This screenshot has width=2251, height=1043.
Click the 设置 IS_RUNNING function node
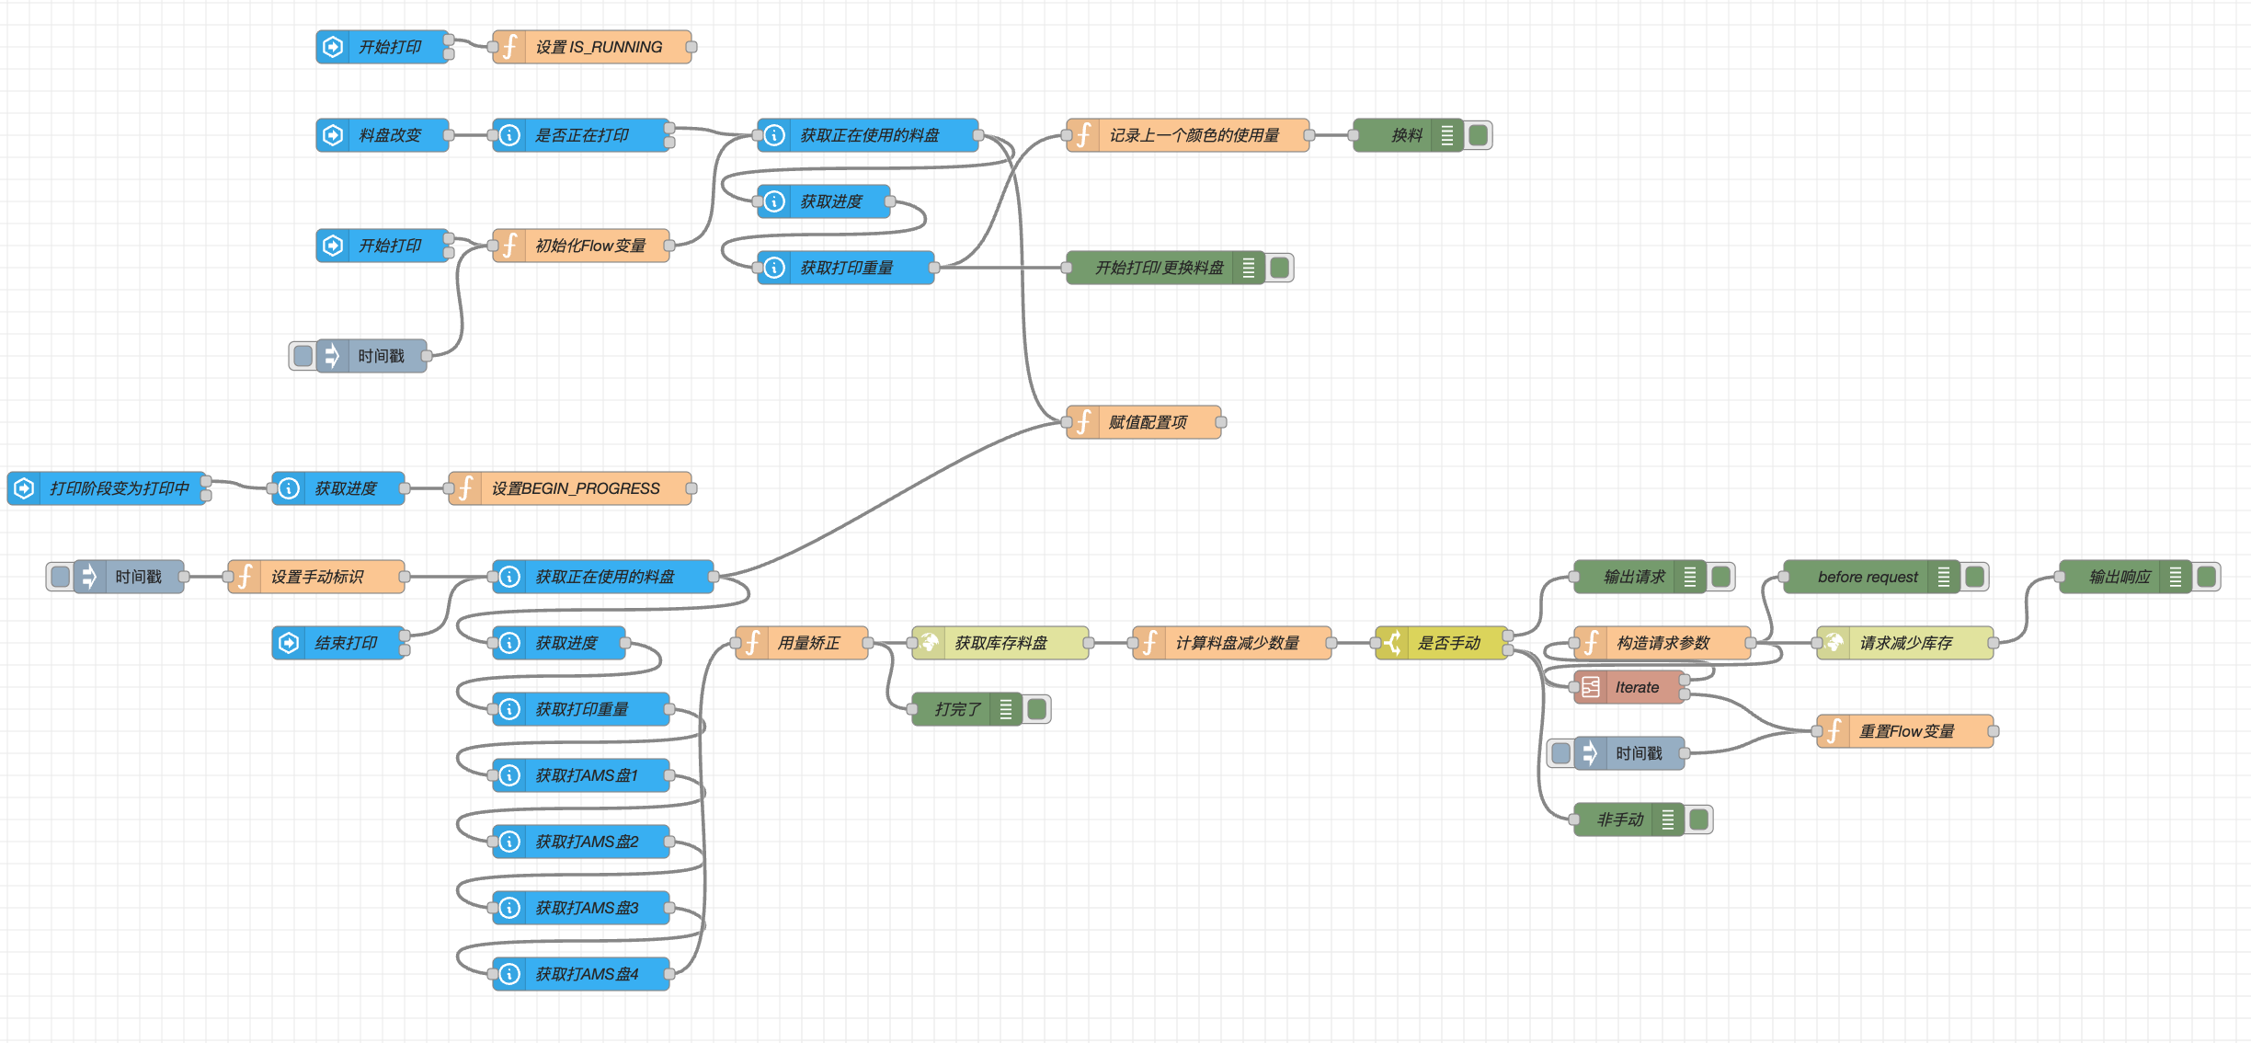click(598, 47)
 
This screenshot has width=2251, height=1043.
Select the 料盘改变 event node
click(389, 135)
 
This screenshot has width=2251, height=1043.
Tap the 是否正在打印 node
click(581, 135)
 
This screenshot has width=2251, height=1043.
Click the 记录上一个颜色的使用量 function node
click(1193, 135)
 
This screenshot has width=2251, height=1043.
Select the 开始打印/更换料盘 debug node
click(1159, 268)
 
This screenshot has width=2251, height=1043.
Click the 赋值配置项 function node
click(1147, 422)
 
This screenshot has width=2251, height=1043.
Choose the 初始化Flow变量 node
click(589, 246)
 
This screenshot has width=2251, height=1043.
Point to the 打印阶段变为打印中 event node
click(119, 488)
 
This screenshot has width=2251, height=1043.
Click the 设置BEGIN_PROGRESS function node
click(575, 488)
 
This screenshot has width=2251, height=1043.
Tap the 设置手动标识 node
click(316, 577)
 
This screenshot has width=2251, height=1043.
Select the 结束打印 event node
click(345, 643)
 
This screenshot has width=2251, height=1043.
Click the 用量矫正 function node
click(808, 643)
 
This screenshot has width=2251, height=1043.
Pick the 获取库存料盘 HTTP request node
click(1000, 643)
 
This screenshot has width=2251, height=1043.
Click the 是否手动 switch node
click(1448, 643)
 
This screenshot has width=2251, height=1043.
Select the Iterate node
click(1636, 687)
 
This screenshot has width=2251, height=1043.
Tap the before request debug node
click(1867, 577)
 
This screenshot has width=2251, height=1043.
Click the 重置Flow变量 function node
click(1906, 731)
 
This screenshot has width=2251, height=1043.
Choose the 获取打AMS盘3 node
click(586, 908)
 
